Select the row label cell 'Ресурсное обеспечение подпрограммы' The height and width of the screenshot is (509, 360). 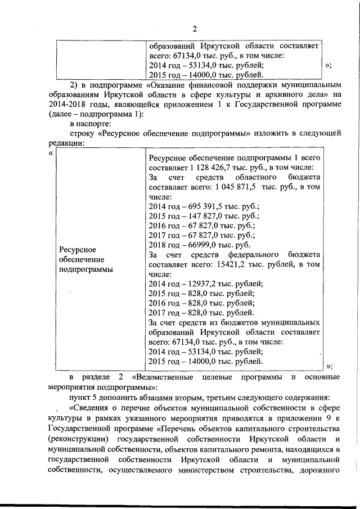85,259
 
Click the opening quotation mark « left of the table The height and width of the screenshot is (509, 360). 51,154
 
